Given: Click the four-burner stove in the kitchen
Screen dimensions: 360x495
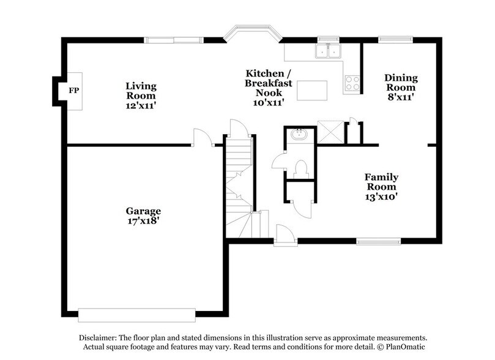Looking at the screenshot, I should (352, 83).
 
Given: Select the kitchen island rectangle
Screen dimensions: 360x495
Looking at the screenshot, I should (312, 90).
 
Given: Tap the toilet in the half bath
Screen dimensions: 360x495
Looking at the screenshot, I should (300, 167).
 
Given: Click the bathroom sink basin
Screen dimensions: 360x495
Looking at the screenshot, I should (300, 134).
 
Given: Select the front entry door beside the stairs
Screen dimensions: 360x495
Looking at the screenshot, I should (282, 236).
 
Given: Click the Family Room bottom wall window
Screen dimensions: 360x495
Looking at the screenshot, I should (375, 241).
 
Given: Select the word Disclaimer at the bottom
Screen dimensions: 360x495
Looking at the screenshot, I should (102, 337).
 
